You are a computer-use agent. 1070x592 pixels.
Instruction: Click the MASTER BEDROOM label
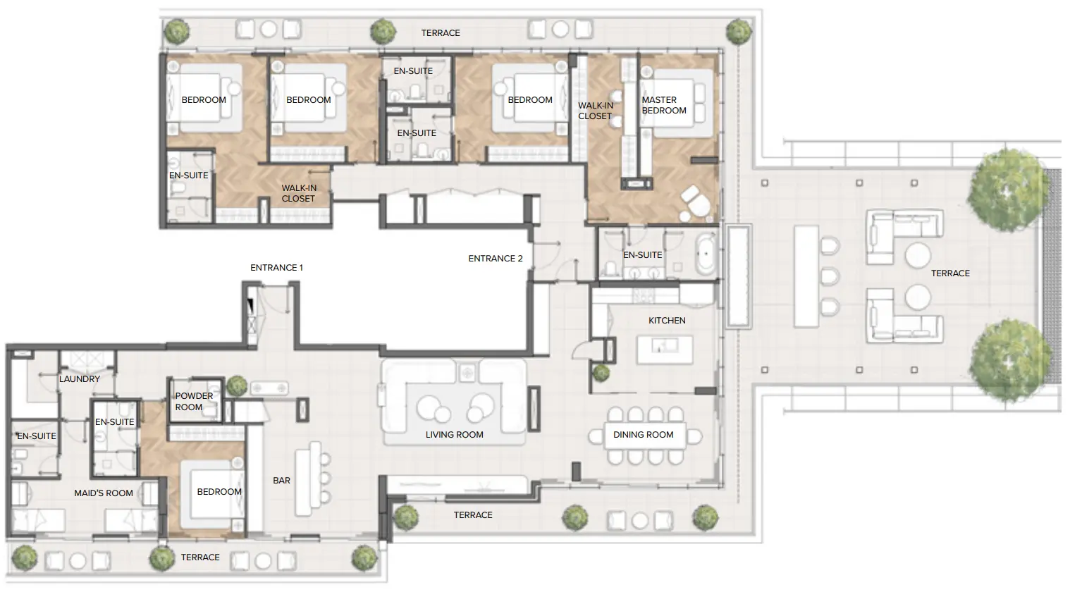[x=663, y=105]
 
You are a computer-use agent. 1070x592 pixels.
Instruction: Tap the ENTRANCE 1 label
[x=276, y=268]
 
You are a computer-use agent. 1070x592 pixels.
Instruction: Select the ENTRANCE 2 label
[x=496, y=259]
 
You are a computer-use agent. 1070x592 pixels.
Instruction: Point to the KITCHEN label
[x=666, y=321]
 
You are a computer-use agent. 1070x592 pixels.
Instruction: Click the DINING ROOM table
[x=644, y=435]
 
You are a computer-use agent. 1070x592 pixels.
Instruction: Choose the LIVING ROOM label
[x=454, y=435]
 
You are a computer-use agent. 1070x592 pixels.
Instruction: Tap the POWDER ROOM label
[x=193, y=402]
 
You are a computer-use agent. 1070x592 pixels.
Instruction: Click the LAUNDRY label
[x=80, y=379]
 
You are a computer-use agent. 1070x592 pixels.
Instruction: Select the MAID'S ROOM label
[x=104, y=493]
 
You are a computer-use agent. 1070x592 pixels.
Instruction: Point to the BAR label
[x=281, y=481]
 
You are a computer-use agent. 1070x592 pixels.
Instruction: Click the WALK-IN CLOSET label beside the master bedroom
[x=595, y=111]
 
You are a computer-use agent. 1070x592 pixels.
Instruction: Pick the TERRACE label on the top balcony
[x=441, y=33]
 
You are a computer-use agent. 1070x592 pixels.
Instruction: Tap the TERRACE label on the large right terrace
[x=950, y=273]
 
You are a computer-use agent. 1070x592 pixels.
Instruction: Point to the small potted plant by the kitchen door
[x=601, y=373]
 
